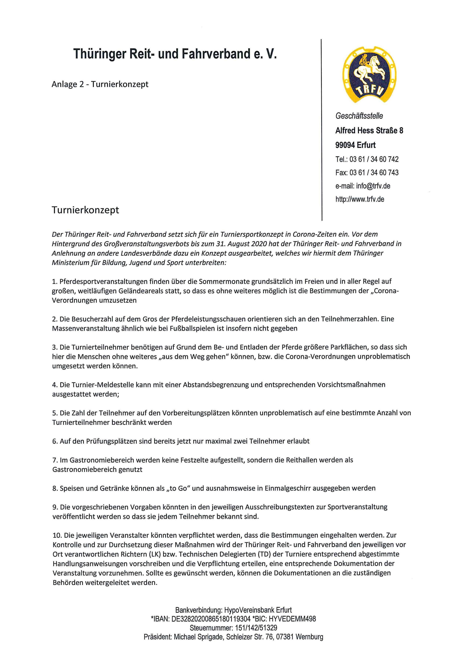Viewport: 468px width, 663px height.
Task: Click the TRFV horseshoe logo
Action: pos(369,74)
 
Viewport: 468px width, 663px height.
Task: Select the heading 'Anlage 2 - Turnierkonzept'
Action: pos(100,84)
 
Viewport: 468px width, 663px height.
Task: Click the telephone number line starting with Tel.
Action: pos(367,159)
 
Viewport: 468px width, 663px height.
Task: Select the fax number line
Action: pos(367,172)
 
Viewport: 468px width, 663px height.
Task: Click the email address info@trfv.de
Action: pos(373,186)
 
